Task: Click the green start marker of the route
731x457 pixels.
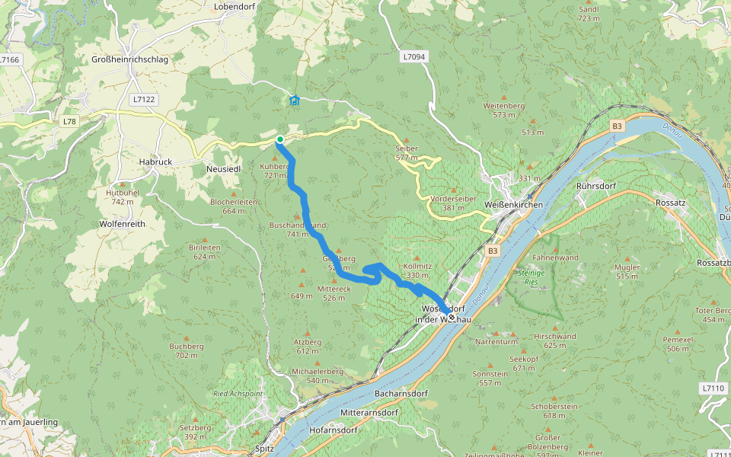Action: [x=280, y=139]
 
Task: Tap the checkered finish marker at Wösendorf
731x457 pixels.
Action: [x=452, y=317]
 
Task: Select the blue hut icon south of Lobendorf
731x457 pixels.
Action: [x=295, y=100]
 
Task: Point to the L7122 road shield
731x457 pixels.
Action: [x=142, y=99]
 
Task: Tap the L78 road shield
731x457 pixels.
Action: [x=69, y=121]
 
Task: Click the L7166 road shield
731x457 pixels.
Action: [x=10, y=59]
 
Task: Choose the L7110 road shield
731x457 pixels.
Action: [x=713, y=388]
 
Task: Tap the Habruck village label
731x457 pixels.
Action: [x=155, y=162]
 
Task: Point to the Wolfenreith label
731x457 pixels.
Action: [x=122, y=225]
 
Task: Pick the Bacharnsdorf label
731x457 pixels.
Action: [x=401, y=394]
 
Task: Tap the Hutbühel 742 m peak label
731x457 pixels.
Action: [x=123, y=197]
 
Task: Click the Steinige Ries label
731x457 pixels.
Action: [x=531, y=277]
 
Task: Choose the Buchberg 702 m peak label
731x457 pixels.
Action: [x=187, y=350]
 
